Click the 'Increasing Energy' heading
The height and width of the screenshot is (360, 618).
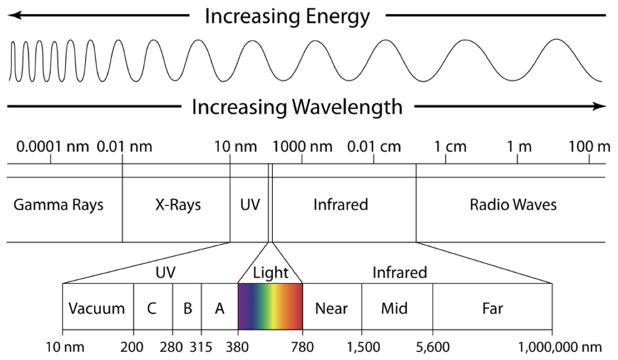tap(287, 17)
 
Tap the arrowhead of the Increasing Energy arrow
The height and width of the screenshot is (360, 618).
tap(13, 16)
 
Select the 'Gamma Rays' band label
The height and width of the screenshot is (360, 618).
tap(58, 204)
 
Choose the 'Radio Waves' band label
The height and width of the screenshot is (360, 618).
tap(513, 204)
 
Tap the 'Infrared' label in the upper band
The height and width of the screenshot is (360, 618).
tap(340, 204)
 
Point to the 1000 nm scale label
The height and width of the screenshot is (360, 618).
tap(302, 146)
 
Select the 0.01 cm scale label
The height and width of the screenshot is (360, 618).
tap(373, 146)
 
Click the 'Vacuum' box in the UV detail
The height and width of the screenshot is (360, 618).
tap(97, 308)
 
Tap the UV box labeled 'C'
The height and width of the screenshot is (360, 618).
tap(152, 308)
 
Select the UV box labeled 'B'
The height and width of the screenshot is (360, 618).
tap(187, 308)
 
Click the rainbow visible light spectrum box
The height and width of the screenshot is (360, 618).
tap(270, 306)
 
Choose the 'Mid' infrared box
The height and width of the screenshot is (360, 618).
tap(394, 308)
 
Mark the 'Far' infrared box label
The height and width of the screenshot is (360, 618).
tap(492, 308)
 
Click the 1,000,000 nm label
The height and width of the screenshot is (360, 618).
tap(560, 347)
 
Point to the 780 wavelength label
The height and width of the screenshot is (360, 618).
tap(303, 347)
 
